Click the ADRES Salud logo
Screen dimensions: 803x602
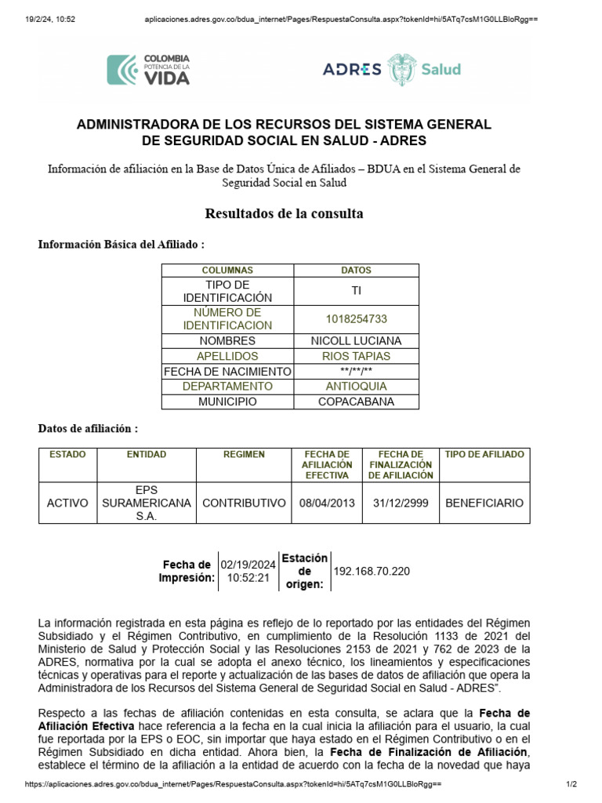coord(392,69)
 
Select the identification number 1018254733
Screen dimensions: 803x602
coord(357,319)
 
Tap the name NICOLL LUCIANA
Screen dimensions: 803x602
coord(357,341)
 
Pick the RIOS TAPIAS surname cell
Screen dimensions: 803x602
coord(357,356)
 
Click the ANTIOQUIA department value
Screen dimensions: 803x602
coord(357,387)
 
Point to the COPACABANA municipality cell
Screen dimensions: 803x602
coord(357,401)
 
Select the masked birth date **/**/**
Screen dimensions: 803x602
coord(357,372)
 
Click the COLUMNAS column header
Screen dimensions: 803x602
coord(227,271)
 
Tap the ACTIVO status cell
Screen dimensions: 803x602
coord(67,503)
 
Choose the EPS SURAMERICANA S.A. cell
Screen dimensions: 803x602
coord(146,503)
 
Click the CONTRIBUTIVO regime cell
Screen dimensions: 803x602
coord(244,503)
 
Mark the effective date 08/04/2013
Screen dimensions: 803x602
coord(327,503)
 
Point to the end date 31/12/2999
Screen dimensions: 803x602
coord(401,503)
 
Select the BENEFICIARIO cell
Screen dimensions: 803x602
coord(484,503)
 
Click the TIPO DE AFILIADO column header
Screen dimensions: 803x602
coord(484,455)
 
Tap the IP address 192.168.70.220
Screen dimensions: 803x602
coord(372,571)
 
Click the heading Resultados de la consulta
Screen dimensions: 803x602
coord(284,214)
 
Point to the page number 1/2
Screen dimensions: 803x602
coord(571,785)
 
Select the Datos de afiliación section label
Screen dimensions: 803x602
coord(89,429)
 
